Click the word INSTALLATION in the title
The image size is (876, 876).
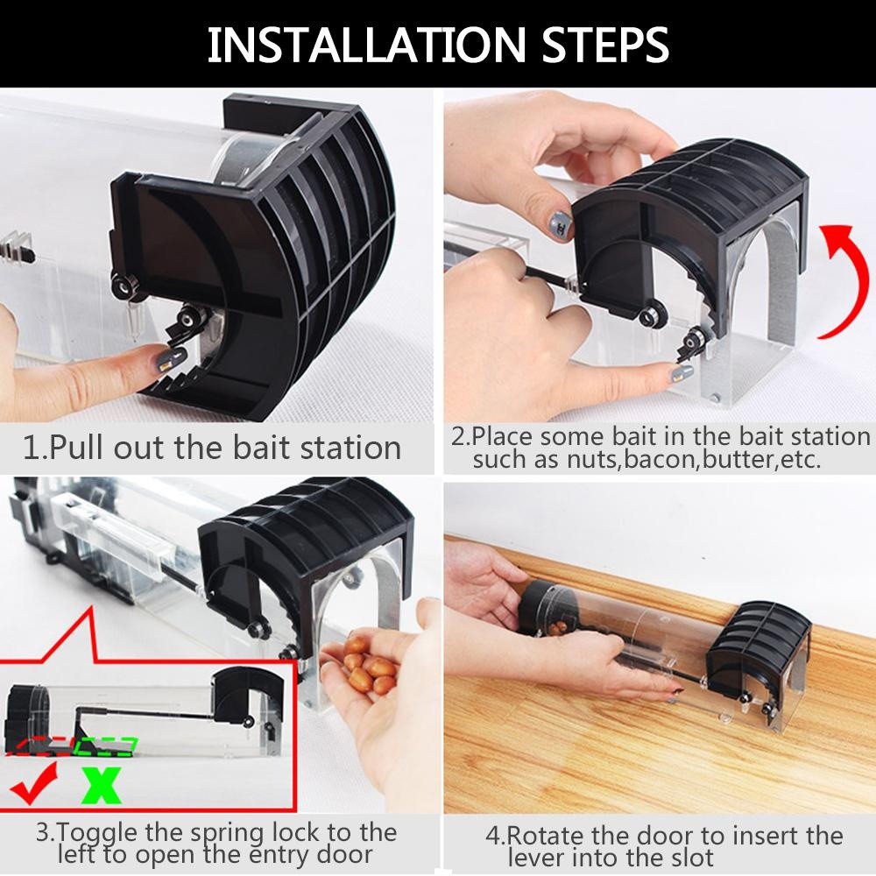[x=366, y=45]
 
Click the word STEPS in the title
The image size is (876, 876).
[x=605, y=45]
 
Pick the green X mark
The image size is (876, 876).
[x=101, y=785]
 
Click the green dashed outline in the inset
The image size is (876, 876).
[x=106, y=747]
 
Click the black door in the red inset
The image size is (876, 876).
[x=248, y=696]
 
